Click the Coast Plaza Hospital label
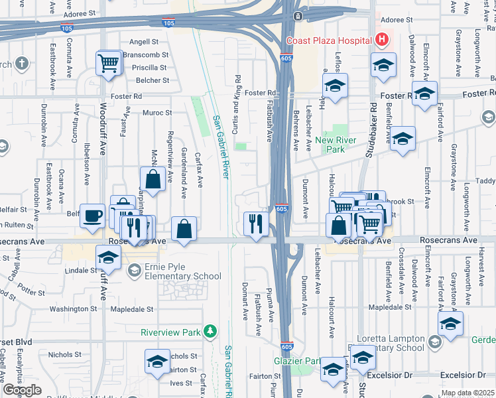[328, 40]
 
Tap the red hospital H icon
[381, 40]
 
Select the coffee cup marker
[93, 215]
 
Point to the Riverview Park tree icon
[210, 330]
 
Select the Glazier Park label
[297, 362]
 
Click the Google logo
[22, 389]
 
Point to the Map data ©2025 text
[467, 393]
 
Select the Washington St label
[73, 309]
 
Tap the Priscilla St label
[149, 68]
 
